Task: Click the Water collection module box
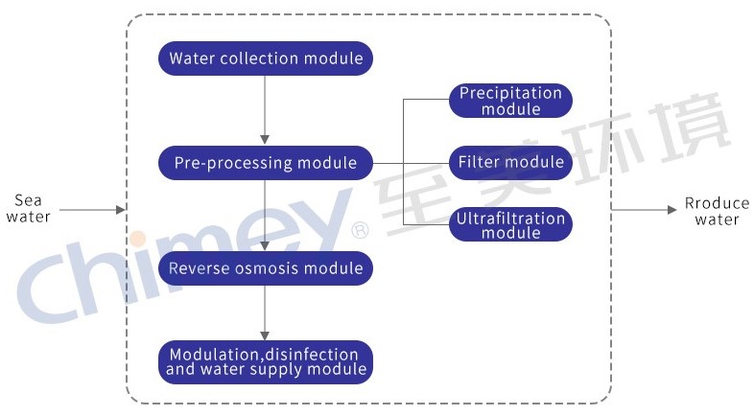tap(266, 58)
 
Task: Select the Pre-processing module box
tap(266, 163)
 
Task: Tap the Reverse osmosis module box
tap(266, 268)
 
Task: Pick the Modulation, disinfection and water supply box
tap(266, 362)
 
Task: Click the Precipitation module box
tap(510, 101)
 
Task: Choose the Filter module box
tap(510, 162)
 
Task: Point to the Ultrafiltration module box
tap(510, 225)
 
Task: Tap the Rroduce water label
tap(717, 212)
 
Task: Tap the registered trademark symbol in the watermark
tap(361, 230)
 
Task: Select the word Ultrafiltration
tap(510, 219)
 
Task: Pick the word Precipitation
tap(510, 94)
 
